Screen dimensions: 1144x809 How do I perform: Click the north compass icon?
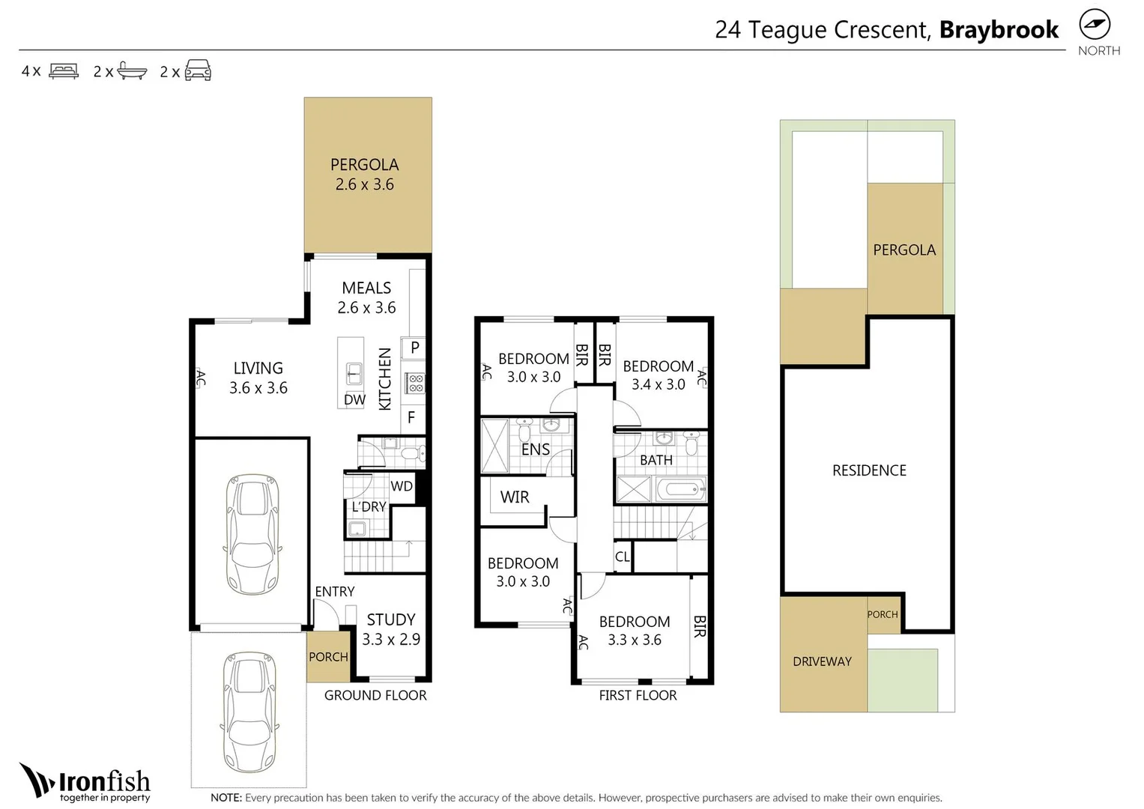click(x=1095, y=25)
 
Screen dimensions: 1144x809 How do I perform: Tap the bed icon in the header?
click(x=64, y=70)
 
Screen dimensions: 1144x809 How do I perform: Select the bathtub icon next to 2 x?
click(x=133, y=70)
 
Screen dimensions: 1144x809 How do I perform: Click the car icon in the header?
click(x=198, y=70)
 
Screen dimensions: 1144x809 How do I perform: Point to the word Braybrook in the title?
click(x=999, y=30)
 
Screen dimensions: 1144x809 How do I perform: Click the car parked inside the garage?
click(x=252, y=534)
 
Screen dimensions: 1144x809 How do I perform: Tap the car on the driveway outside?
click(x=249, y=712)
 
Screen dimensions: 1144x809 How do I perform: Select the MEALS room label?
click(x=366, y=288)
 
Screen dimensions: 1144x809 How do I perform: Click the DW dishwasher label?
click(x=354, y=399)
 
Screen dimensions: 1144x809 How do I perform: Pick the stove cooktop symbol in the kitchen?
click(x=415, y=383)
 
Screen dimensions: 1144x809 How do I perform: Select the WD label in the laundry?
click(x=402, y=485)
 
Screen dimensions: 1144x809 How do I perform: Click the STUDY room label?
click(x=391, y=619)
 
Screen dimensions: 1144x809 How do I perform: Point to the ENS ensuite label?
click(x=535, y=449)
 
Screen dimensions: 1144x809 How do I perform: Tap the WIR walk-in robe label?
click(x=515, y=497)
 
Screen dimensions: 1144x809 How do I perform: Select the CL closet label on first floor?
click(x=622, y=557)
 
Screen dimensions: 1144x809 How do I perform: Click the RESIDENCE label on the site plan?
click(x=869, y=470)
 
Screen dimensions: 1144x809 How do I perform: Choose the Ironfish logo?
click(x=85, y=783)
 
